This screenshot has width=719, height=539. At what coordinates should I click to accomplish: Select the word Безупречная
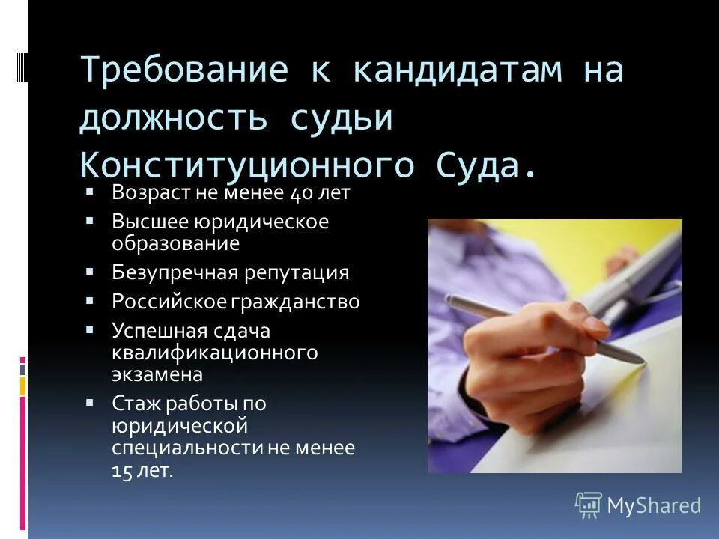(x=174, y=272)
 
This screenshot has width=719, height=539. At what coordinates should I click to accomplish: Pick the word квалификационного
(x=215, y=352)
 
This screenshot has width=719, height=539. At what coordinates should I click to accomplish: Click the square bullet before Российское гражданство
(x=89, y=300)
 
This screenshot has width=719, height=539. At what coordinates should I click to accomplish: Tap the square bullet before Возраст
(x=89, y=191)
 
